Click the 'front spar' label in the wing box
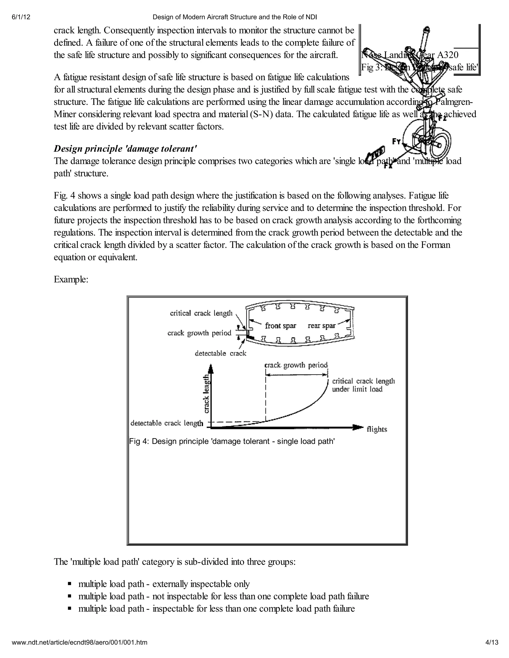click(x=280, y=326)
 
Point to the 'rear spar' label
click(x=321, y=326)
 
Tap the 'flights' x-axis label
click(x=377, y=429)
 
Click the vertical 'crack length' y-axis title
click(x=206, y=394)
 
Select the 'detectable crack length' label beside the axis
click(x=167, y=423)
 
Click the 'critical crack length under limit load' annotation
click(x=363, y=385)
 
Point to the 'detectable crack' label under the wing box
click(x=220, y=353)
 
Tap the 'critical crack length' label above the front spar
click(x=201, y=313)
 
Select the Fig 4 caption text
click(x=232, y=441)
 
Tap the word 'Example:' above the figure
click(x=71, y=279)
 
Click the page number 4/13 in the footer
click(x=492, y=642)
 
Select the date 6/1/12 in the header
click(x=21, y=17)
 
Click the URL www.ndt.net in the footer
click(x=80, y=642)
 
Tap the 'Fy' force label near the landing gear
click(x=396, y=141)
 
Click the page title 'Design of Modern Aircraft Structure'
click(x=235, y=17)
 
